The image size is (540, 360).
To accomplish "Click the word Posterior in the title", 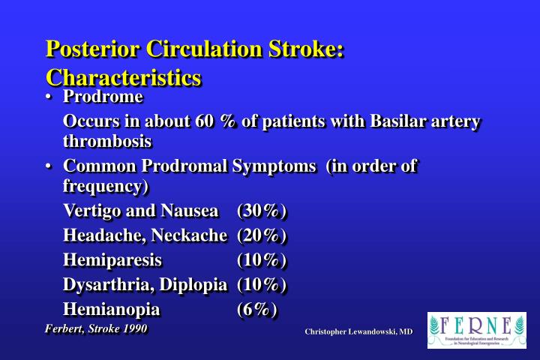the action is (93, 49).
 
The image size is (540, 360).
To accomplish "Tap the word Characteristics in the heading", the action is (124, 77).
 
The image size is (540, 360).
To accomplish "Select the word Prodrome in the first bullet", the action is (103, 97).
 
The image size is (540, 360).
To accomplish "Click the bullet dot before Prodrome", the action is (49, 97).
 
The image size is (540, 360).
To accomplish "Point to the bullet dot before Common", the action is (49, 166).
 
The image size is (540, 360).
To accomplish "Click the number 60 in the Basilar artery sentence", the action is (204, 121).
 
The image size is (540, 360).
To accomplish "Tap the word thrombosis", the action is (107, 141).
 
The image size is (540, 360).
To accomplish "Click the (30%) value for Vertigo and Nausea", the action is (262, 211).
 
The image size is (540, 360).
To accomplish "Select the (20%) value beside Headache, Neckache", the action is (262, 235).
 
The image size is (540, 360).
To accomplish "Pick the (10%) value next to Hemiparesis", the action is (262, 260).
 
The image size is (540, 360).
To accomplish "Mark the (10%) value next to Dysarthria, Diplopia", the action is (262, 285).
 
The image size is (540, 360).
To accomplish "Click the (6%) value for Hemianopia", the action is (257, 309).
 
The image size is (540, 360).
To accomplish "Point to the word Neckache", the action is (190, 235).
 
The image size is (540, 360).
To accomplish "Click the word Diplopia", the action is (193, 285).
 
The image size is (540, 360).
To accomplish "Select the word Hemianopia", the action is (112, 309).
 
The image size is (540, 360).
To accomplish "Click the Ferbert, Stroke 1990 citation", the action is (97, 329).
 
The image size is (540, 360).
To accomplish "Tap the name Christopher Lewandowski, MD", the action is (358, 331).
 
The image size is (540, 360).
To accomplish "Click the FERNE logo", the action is (477, 330).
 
